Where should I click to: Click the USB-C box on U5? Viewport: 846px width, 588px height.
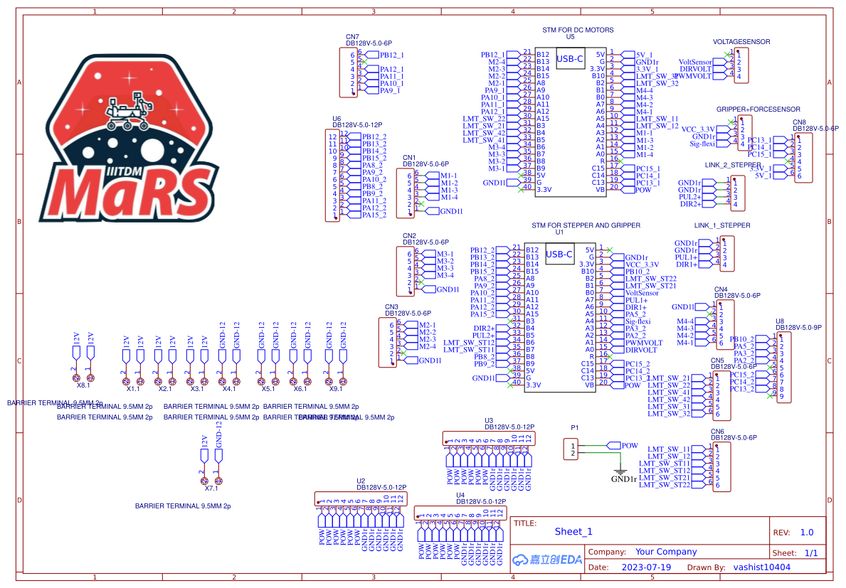point(570,60)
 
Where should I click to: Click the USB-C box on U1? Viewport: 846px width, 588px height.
point(559,255)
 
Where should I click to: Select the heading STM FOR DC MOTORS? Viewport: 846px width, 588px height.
point(578,30)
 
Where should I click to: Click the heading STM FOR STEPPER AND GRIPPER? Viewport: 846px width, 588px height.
point(586,225)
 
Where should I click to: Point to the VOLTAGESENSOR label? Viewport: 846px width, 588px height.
point(741,42)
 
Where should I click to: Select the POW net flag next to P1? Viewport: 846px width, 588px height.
point(629,446)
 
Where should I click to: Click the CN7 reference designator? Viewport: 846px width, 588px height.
point(352,36)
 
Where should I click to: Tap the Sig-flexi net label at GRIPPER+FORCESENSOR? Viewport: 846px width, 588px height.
point(702,144)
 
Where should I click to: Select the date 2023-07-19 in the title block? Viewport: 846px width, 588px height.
point(646,567)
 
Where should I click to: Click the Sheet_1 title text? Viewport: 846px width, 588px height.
point(573,531)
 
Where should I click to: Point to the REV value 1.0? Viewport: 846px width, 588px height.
point(807,532)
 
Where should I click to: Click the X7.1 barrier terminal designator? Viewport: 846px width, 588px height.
point(211,488)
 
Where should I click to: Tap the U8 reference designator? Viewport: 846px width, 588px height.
point(779,321)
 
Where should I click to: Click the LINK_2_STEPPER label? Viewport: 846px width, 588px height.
point(733,165)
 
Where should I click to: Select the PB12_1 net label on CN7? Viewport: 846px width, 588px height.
point(392,55)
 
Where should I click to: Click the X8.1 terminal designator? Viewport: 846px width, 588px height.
point(83,385)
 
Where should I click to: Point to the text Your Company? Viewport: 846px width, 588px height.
point(666,552)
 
